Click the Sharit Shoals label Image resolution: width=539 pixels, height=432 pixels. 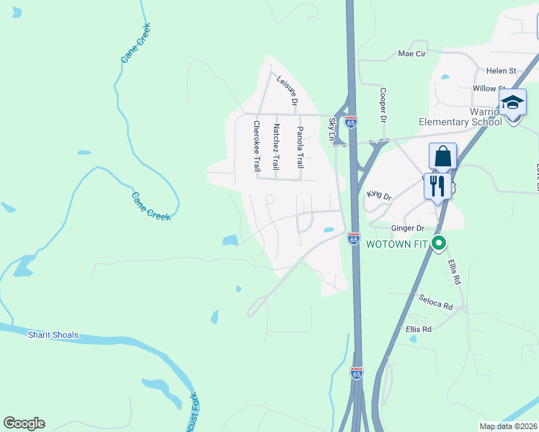click(x=53, y=335)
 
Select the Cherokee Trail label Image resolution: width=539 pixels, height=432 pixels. click(x=256, y=145)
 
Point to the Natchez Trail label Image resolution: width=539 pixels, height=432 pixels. click(x=276, y=146)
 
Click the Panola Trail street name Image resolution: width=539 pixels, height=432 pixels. click(x=300, y=147)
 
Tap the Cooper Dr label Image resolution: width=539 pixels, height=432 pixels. click(x=383, y=105)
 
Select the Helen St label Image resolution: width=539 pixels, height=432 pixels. click(x=502, y=71)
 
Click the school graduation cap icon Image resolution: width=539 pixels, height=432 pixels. click(x=512, y=104)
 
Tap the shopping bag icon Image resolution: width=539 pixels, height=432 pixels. click(x=442, y=156)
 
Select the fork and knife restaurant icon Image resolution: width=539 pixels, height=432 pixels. click(x=437, y=186)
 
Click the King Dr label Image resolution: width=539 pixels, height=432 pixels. click(x=378, y=194)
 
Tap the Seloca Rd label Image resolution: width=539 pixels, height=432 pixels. click(x=435, y=302)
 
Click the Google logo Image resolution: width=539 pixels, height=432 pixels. click(x=24, y=423)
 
